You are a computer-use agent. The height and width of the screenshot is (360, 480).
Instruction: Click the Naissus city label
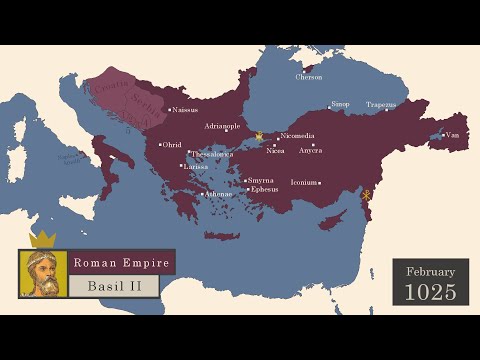(186, 110)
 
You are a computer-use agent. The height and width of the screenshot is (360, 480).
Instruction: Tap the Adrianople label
(222, 127)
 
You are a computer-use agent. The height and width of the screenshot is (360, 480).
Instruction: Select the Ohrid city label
(172, 145)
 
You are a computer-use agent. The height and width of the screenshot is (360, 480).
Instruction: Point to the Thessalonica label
(211, 154)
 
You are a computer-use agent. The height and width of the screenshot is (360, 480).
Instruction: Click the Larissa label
(195, 166)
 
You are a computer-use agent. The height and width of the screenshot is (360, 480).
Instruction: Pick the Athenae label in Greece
(218, 194)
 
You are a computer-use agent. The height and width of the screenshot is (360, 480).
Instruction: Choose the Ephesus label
(264, 189)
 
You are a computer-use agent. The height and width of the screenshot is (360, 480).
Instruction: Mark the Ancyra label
(310, 150)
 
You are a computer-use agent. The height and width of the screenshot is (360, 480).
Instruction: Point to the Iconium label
(303, 183)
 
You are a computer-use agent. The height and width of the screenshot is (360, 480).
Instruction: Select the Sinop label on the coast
(340, 104)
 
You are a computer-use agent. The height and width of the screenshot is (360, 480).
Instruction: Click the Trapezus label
(381, 104)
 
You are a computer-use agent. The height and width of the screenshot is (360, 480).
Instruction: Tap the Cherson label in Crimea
(309, 77)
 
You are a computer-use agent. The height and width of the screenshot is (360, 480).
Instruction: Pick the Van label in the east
(453, 135)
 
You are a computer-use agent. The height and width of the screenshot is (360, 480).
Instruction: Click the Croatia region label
(107, 88)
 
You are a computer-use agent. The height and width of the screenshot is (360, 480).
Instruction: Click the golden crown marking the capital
(259, 135)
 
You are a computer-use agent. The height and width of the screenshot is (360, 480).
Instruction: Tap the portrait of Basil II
(43, 273)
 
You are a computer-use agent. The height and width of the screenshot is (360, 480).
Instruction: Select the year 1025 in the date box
(430, 292)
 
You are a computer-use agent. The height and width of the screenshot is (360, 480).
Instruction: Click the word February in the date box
(430, 272)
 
